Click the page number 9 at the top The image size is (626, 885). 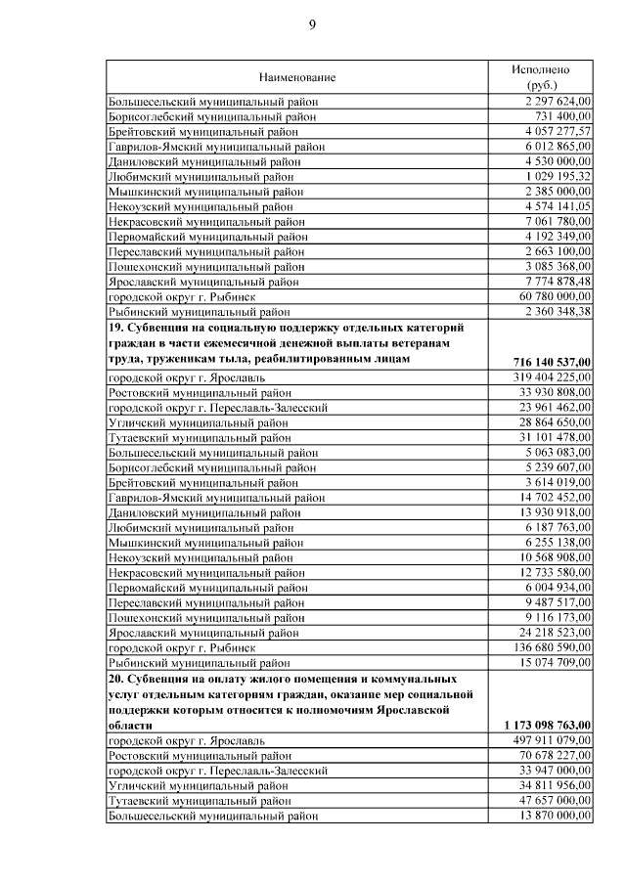313,24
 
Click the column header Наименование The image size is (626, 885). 297,76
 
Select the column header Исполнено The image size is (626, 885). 540,69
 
